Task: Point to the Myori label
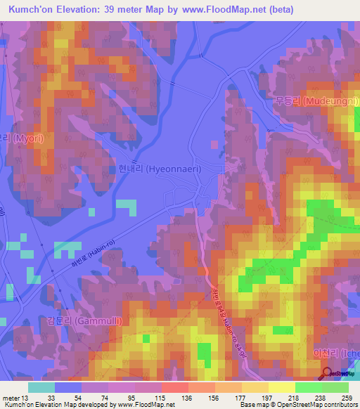click(x=21, y=138)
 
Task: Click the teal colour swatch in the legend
click(x=41, y=387)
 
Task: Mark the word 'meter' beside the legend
click(x=11, y=397)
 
